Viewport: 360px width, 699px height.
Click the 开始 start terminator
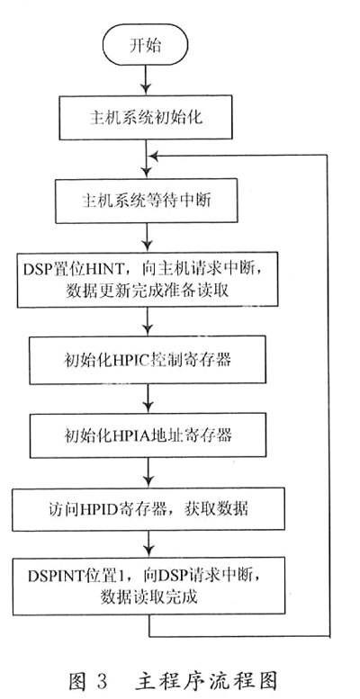point(146,45)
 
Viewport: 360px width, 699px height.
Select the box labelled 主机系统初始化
point(146,117)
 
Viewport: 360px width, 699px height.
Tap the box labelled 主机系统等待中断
point(147,201)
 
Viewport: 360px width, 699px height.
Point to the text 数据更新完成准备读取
point(148,291)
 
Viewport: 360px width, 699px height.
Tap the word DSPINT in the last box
point(51,576)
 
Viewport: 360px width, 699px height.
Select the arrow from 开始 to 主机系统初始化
point(146,80)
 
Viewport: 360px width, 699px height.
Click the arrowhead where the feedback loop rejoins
point(154,156)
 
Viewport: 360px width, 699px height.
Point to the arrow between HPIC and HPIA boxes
point(148,399)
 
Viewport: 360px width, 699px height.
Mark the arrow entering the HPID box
point(148,472)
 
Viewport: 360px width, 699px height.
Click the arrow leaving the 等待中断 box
point(147,237)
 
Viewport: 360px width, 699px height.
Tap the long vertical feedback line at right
point(328,396)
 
